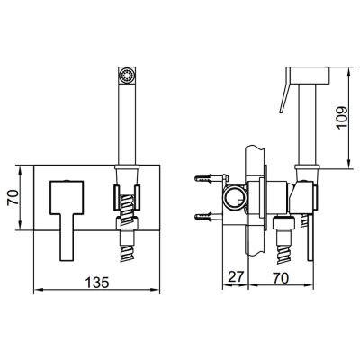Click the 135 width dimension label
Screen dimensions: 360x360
click(x=97, y=283)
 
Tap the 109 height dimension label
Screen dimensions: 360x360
click(x=342, y=117)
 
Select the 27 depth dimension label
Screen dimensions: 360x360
click(x=236, y=277)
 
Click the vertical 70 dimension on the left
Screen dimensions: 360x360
click(x=13, y=198)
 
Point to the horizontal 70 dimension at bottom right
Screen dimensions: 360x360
click(x=280, y=277)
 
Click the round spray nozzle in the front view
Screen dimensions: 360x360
click(x=126, y=74)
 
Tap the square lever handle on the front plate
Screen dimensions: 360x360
click(x=67, y=220)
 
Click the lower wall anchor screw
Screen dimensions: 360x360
click(x=208, y=216)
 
